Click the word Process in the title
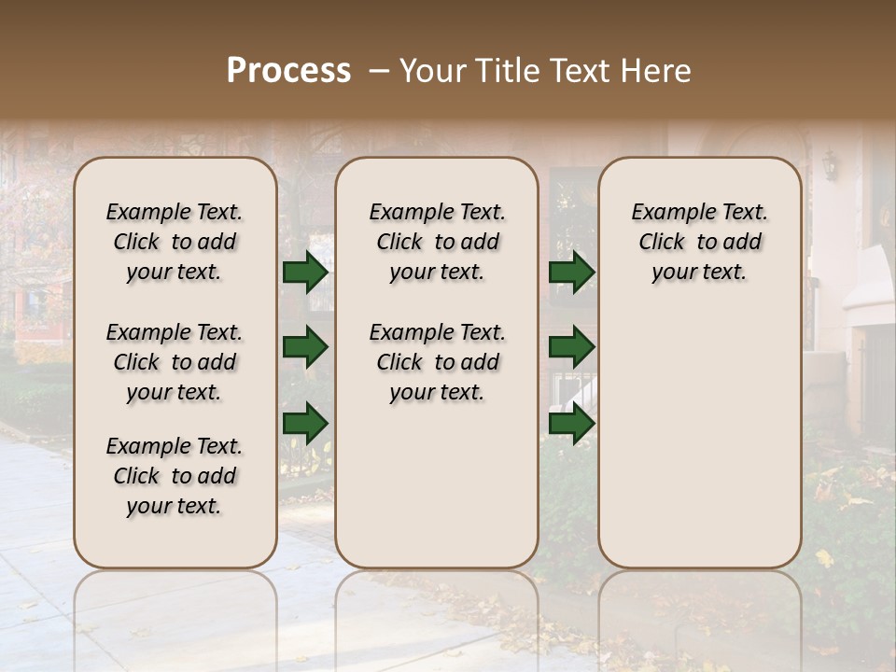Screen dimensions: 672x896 tap(288, 71)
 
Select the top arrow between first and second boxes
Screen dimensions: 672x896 tap(305, 273)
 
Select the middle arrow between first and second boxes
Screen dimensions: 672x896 tap(305, 347)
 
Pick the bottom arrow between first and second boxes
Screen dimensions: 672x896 tap(305, 423)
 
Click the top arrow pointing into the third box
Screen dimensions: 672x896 tap(571, 273)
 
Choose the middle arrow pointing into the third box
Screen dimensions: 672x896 tap(571, 347)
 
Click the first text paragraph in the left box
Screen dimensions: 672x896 tap(175, 242)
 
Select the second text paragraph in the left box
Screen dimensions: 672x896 tap(175, 362)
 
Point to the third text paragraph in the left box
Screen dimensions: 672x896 tap(175, 476)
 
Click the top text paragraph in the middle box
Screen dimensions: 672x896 tap(437, 242)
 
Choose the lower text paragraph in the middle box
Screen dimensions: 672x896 tap(437, 362)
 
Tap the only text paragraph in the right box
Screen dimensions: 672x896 tap(699, 242)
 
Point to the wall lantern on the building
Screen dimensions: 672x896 tap(829, 166)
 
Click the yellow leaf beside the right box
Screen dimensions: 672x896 tap(824, 557)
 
